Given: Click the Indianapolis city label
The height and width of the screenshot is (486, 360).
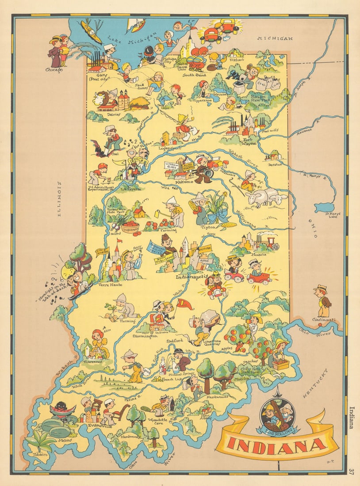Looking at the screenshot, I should [x=191, y=277].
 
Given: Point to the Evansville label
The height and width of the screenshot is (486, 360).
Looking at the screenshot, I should [x=100, y=426].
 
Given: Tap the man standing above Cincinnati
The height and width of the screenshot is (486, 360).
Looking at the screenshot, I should [x=322, y=300].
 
